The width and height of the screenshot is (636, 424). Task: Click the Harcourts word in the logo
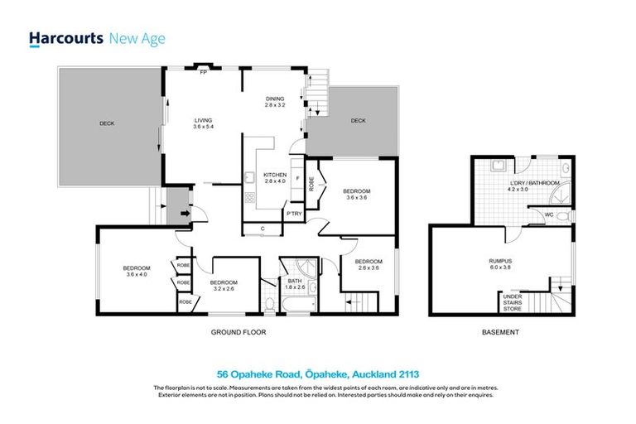(65, 38)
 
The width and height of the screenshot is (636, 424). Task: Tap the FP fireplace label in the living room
(203, 73)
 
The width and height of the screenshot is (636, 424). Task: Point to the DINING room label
(275, 102)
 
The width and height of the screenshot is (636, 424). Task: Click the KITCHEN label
(275, 178)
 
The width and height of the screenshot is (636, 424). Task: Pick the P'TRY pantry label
(293, 214)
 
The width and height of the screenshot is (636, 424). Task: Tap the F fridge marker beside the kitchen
(297, 178)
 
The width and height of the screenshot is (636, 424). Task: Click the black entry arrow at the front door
(183, 212)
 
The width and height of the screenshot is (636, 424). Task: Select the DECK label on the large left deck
(107, 123)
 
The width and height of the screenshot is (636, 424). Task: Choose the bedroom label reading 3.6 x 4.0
(137, 271)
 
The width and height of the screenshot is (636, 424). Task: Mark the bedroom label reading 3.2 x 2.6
(229, 287)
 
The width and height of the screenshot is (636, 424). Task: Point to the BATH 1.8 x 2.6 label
(296, 284)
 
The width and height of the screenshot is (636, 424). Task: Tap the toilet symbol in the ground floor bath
(270, 304)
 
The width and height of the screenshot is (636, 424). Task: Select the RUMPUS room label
(499, 264)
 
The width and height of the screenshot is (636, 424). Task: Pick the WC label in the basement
(548, 214)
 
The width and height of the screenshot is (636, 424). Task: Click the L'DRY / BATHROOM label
(534, 185)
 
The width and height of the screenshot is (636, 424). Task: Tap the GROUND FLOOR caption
(238, 332)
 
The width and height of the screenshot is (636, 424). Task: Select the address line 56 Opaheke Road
(317, 373)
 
